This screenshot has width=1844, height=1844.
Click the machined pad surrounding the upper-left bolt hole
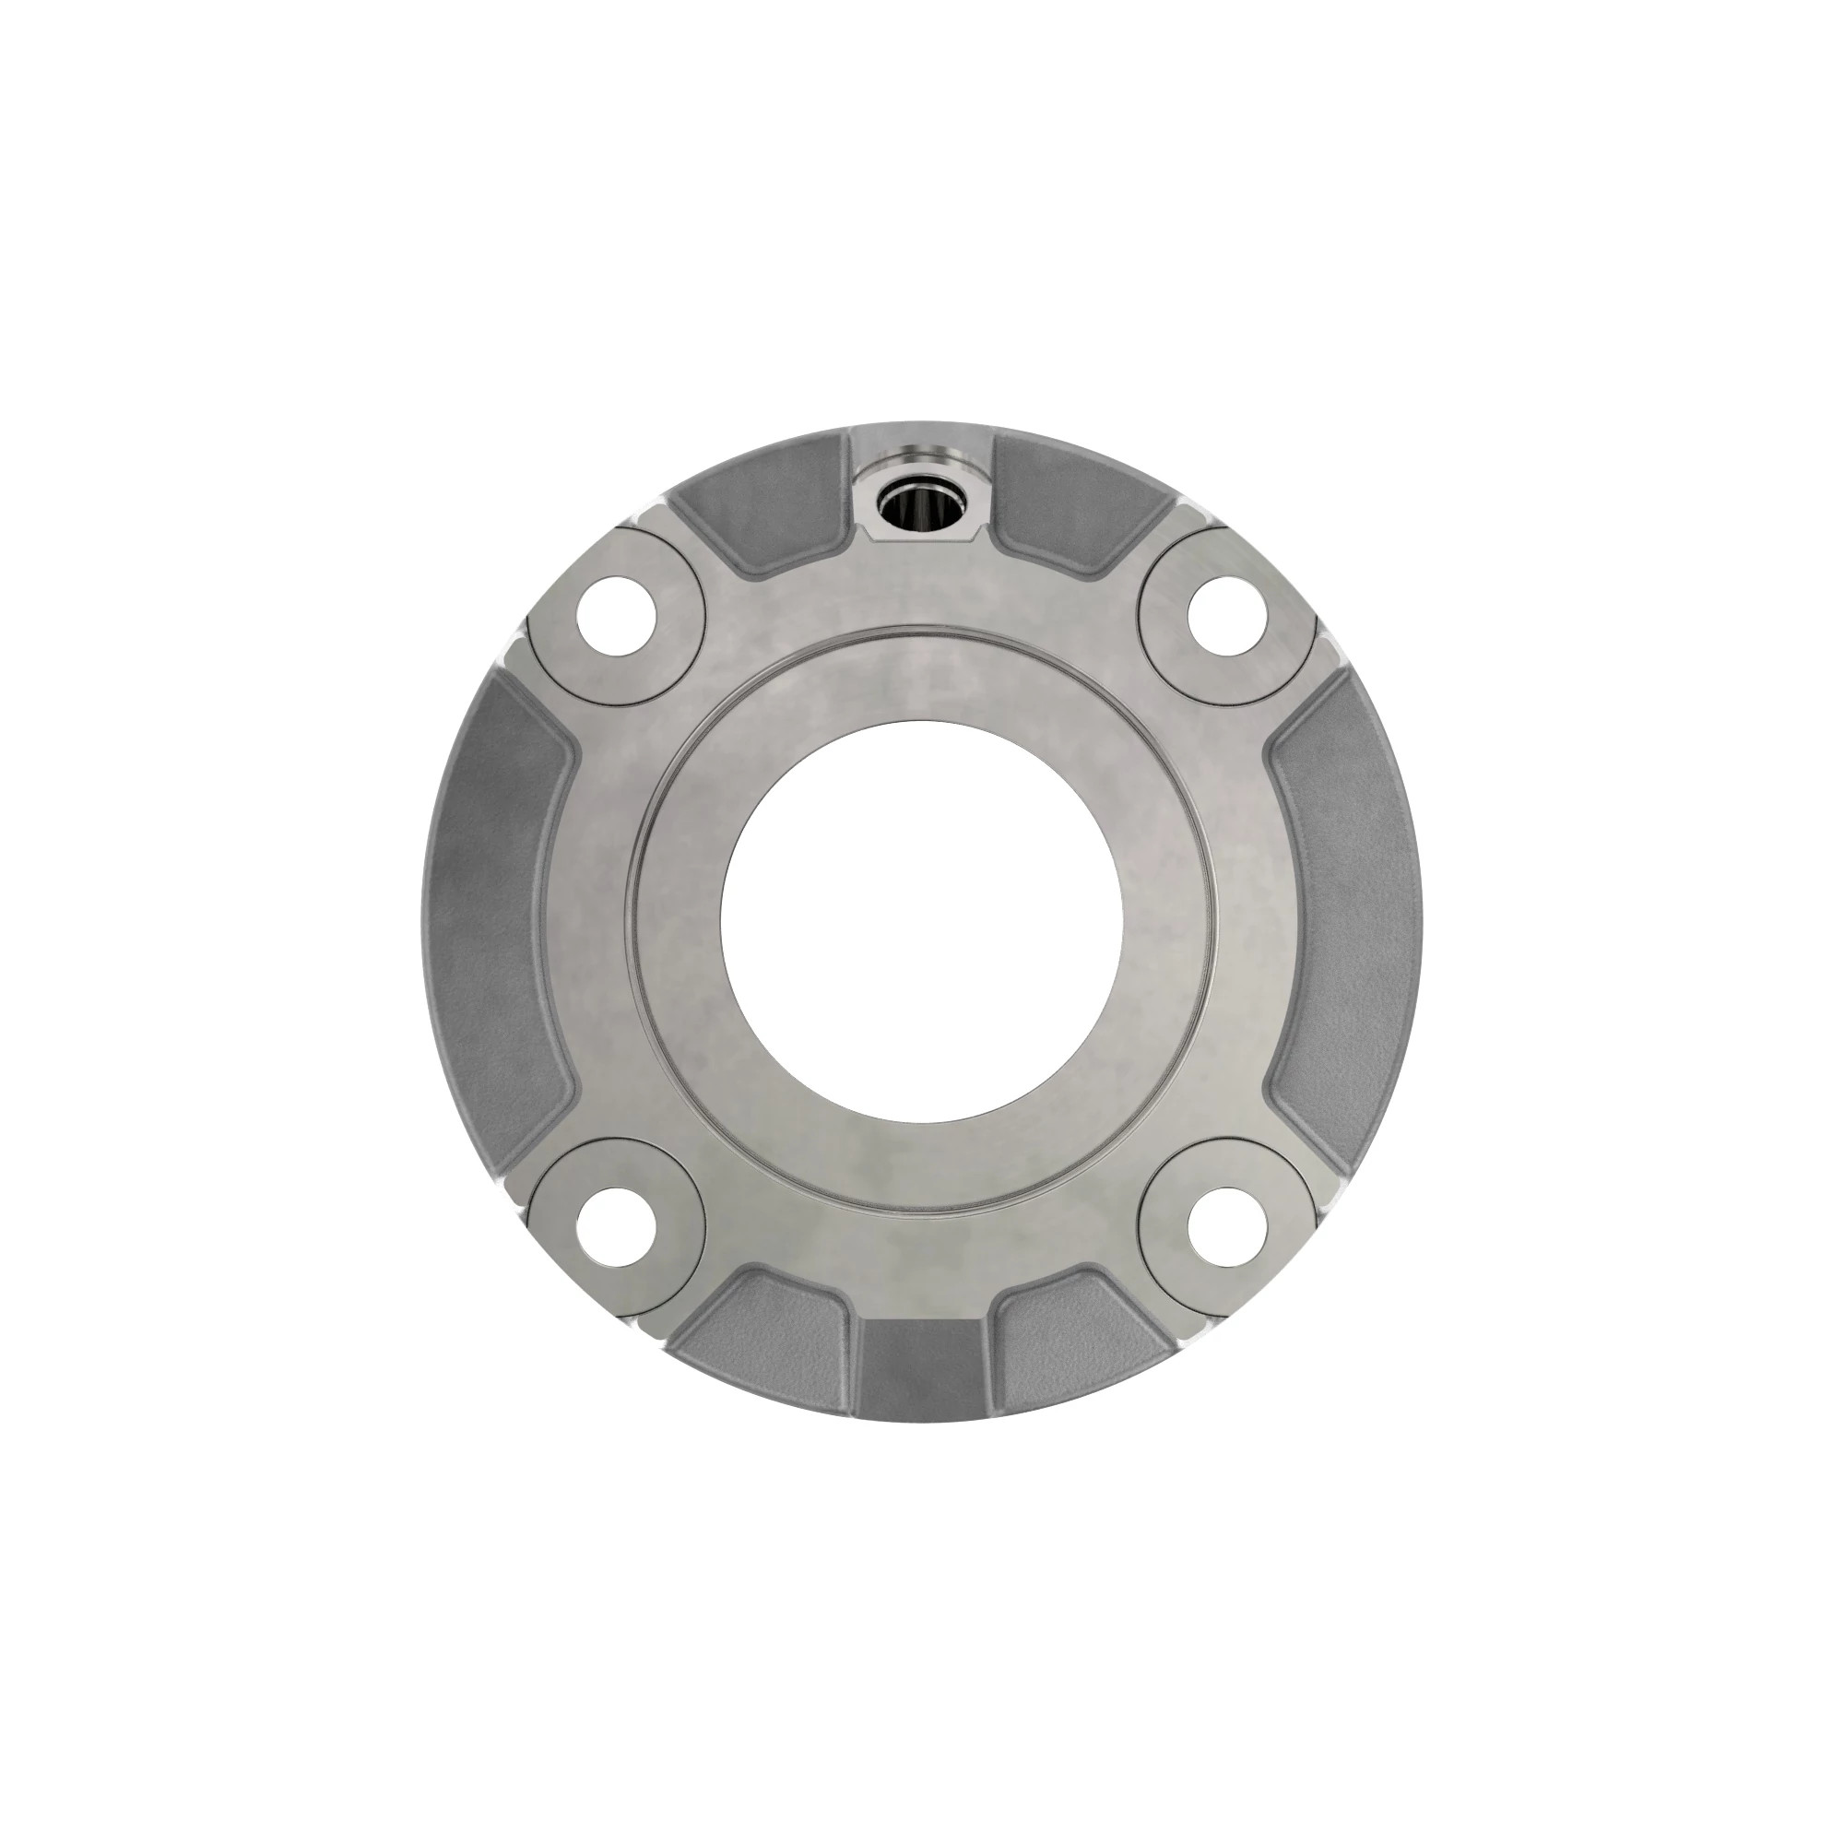click(668, 658)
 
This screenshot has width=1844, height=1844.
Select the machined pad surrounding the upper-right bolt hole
click(1176, 658)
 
